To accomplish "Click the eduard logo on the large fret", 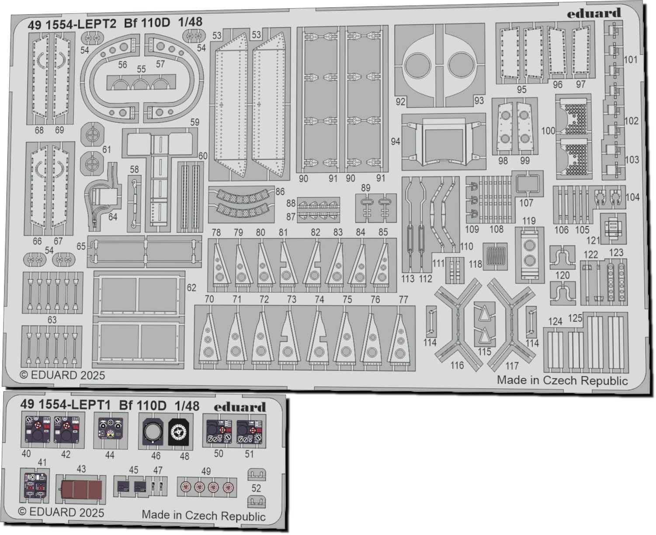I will [x=594, y=13].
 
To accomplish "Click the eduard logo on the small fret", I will [x=240, y=407].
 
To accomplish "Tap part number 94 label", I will [x=396, y=141].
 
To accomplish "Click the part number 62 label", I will [x=191, y=288].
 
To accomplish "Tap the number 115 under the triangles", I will [x=484, y=352].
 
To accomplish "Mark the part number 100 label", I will [x=548, y=131].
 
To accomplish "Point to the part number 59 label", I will [x=194, y=122].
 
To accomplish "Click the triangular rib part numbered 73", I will [x=288, y=338].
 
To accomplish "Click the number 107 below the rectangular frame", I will [x=526, y=203].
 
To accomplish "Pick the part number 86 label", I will [x=280, y=191].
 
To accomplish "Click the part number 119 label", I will [x=529, y=221].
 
